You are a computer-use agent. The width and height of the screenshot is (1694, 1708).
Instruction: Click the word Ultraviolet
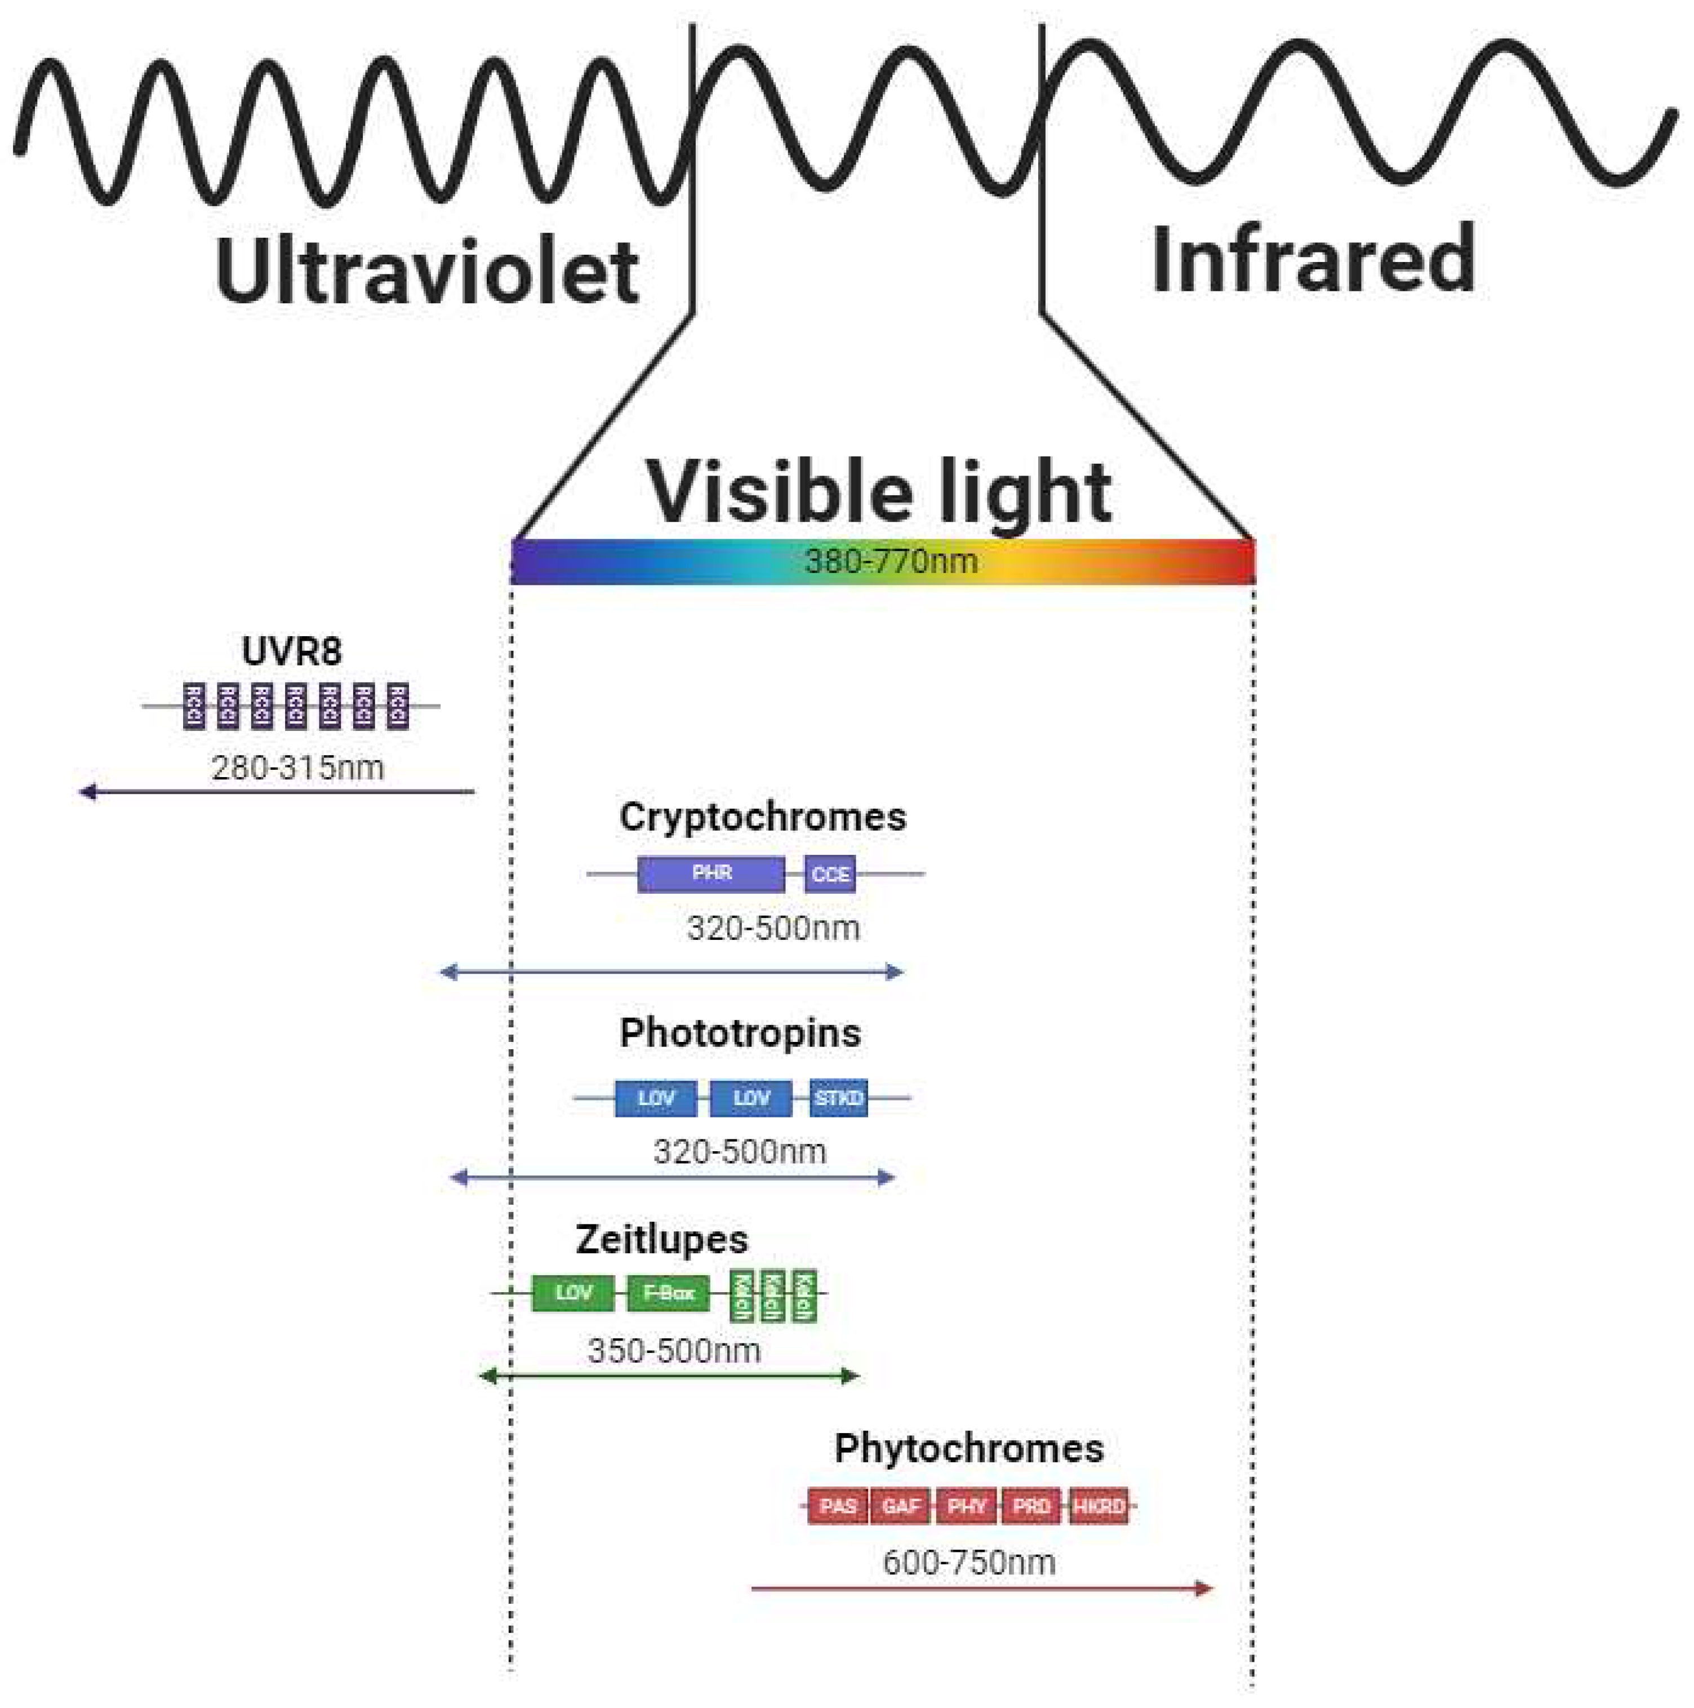coord(427,272)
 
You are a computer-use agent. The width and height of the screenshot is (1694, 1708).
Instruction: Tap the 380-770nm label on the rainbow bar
coord(890,561)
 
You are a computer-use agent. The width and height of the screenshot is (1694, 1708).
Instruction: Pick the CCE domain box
coord(830,875)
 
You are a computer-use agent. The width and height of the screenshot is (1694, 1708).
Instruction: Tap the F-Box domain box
coord(668,1293)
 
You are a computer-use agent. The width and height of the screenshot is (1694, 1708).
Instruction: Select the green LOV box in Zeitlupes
coord(572,1293)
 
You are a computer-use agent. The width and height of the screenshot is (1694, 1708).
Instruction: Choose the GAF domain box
coord(900,1506)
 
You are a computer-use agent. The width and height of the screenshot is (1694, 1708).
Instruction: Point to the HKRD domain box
coord(1099,1506)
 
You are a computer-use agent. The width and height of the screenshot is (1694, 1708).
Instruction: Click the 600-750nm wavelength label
coord(968,1562)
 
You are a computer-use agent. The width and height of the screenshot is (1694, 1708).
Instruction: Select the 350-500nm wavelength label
coord(673,1351)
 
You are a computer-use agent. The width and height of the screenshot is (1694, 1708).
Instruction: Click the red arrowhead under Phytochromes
coord(1203,1589)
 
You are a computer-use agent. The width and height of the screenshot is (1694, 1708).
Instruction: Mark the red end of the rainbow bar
coord(1237,561)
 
